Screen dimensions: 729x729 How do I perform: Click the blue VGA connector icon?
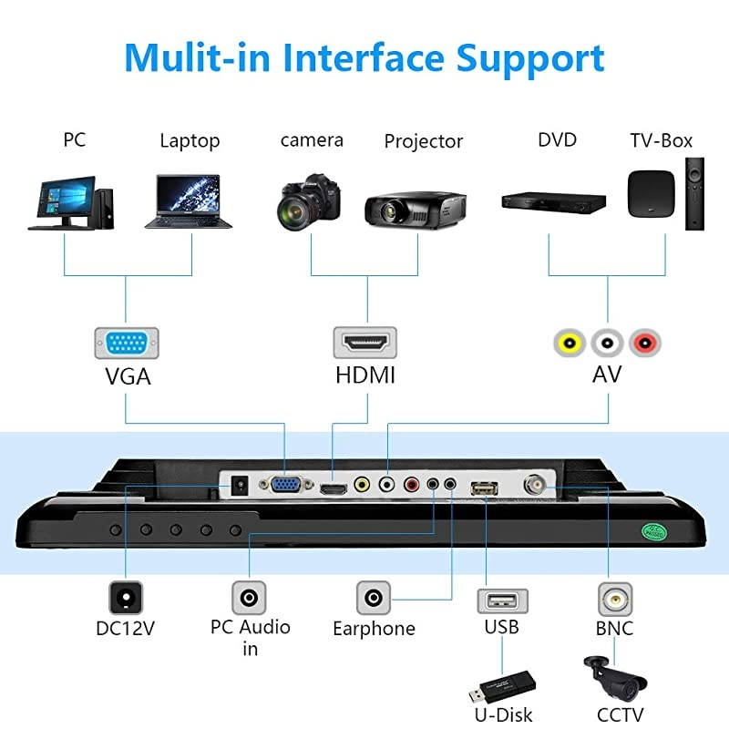127,344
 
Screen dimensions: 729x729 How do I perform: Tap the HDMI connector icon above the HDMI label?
365,344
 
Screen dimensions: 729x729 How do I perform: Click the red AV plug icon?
645,343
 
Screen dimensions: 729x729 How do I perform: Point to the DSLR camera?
309,201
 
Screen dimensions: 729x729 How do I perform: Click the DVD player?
554,201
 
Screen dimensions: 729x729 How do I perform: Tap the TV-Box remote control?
694,193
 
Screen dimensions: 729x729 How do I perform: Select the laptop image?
194,201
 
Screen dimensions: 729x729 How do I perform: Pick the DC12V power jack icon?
126,599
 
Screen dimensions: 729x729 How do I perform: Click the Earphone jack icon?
373,599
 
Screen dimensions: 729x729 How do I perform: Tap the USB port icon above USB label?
501,601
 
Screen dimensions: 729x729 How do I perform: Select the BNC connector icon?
615,600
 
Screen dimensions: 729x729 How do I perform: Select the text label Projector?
423,141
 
